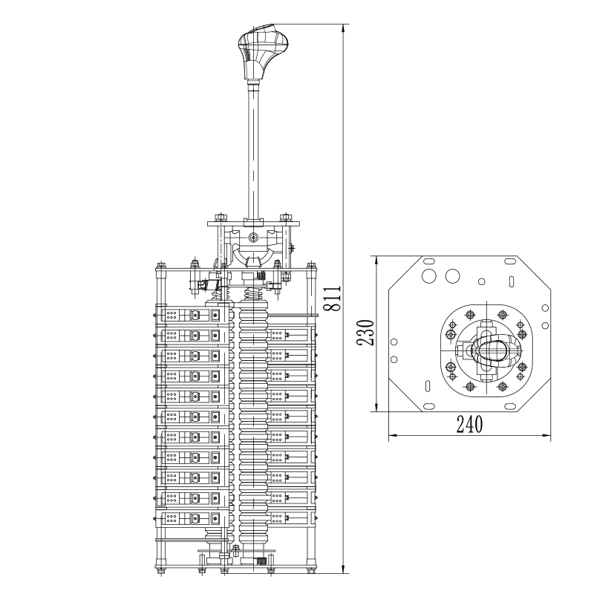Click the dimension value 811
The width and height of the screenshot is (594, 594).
[333, 298]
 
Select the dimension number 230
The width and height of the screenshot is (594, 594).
[366, 333]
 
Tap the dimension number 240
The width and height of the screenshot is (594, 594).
[470, 424]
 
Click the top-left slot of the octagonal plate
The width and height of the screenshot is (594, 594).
[429, 261]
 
